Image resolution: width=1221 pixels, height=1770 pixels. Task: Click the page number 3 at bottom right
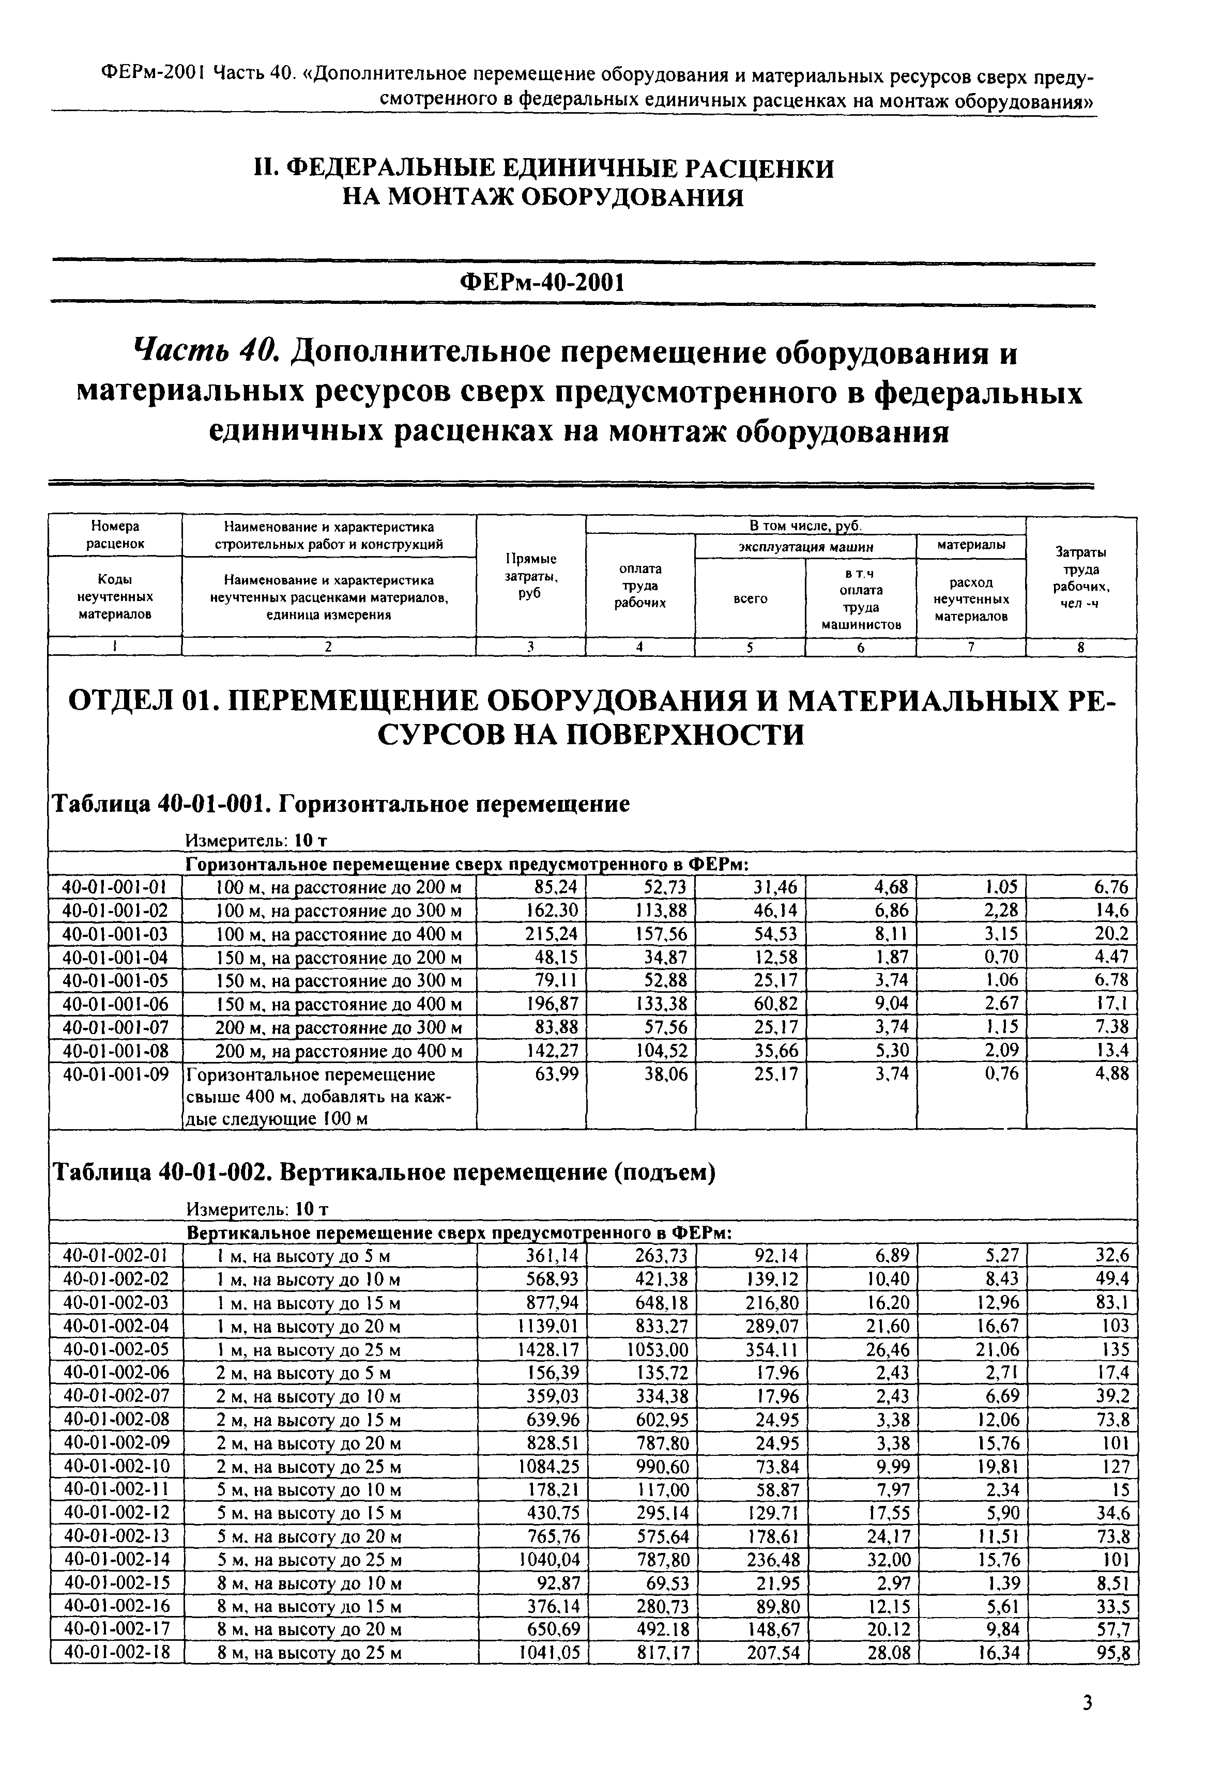[1088, 1703]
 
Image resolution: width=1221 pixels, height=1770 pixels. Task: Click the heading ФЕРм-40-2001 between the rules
[542, 283]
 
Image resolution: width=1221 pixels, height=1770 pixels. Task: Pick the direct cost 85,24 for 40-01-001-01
[556, 887]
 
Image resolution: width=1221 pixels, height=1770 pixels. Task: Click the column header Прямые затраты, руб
[530, 576]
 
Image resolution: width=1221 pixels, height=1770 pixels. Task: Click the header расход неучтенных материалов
[970, 599]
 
